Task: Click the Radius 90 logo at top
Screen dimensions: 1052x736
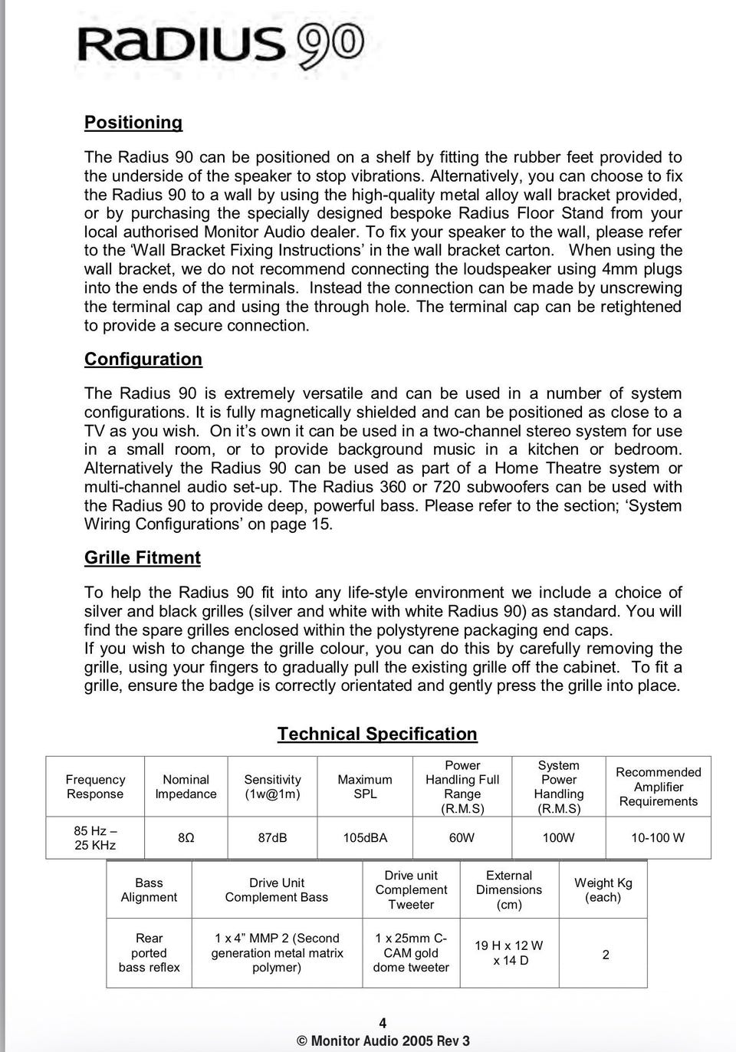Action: (x=220, y=44)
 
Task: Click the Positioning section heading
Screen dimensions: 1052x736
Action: (x=133, y=123)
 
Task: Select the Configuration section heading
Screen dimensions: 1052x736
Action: (x=143, y=360)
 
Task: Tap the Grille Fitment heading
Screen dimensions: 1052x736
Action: (x=143, y=558)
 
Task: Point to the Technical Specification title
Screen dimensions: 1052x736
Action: (x=377, y=735)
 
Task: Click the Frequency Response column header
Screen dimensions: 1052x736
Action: (x=95, y=787)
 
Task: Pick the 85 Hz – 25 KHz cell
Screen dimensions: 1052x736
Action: (x=95, y=838)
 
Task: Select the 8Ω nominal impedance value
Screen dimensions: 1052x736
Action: (x=186, y=838)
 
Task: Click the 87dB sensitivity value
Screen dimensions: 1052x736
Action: (x=272, y=838)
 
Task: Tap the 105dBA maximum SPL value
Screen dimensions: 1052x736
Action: (x=365, y=838)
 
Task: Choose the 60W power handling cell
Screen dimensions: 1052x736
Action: (x=462, y=838)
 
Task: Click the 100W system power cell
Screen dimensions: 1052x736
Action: (x=558, y=838)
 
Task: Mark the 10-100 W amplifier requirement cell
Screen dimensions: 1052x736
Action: (x=658, y=838)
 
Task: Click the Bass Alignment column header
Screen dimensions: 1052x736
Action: (x=149, y=890)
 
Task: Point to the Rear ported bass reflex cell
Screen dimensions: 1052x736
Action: (x=149, y=953)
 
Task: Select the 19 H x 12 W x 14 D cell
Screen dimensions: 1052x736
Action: (x=509, y=953)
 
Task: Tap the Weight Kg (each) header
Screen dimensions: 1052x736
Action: (x=603, y=890)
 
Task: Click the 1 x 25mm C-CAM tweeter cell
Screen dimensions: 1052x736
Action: (x=411, y=953)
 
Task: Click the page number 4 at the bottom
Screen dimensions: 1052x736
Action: (x=383, y=1023)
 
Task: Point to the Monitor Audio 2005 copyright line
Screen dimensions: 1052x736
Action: (x=383, y=1041)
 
